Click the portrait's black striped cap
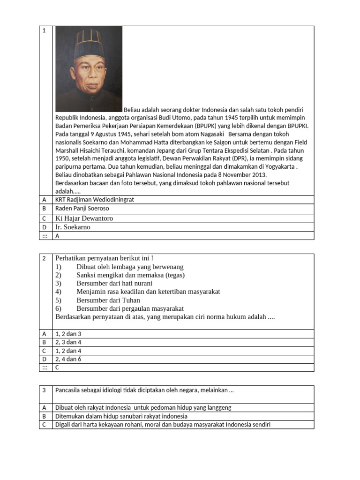89,45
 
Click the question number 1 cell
44,31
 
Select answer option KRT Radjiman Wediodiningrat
95,200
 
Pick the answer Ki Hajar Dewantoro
84,218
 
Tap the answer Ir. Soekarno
73,227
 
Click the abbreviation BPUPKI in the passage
298,126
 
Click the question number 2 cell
44,258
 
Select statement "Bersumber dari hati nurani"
114,284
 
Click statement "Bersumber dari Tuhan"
108,300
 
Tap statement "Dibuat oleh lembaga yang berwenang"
130,267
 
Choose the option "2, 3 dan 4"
68,343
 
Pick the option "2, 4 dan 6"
68,360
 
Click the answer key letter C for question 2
58,368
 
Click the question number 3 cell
44,390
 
